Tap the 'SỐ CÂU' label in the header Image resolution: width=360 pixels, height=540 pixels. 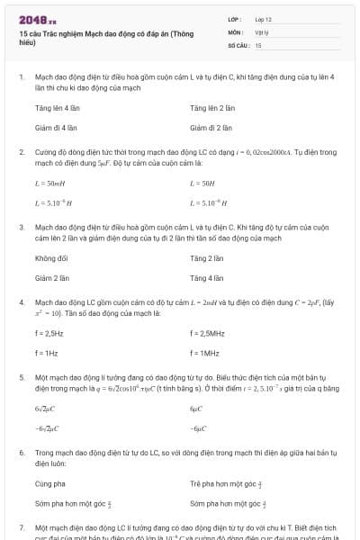pos(238,44)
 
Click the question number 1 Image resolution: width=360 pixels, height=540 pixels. pos(22,78)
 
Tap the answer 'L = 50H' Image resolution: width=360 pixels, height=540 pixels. pos(203,183)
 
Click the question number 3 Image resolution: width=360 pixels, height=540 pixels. pos(22,229)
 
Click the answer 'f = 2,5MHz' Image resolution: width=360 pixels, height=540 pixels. pos(211,333)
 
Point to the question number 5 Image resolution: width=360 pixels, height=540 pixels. pos(22,379)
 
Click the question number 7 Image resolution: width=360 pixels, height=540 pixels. pos(22,529)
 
